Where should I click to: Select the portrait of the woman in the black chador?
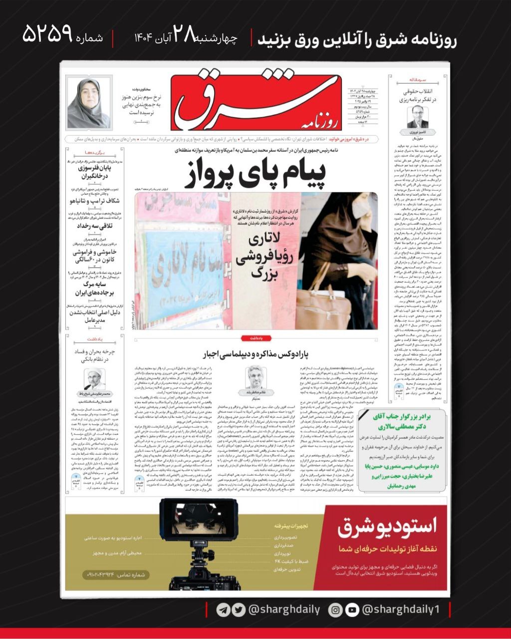[88, 103]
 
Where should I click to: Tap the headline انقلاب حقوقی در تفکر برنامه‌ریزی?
[417, 96]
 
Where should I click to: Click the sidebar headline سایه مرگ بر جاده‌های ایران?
[94, 288]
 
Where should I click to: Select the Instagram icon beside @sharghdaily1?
[336, 610]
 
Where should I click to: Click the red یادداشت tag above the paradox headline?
[256, 338]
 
